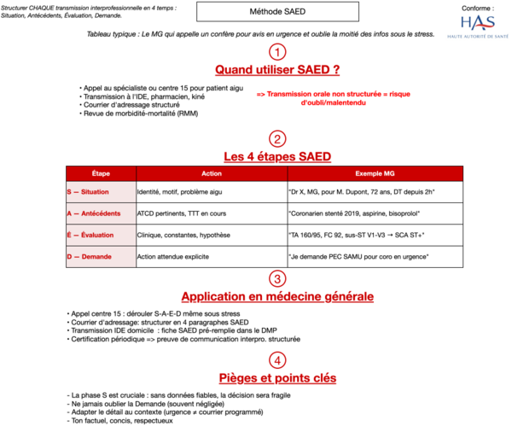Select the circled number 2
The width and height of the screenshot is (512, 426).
[276, 139]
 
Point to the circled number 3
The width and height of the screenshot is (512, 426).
[276, 279]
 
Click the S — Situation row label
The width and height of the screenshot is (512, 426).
[89, 192]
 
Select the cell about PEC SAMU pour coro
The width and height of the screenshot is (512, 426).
[359, 256]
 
